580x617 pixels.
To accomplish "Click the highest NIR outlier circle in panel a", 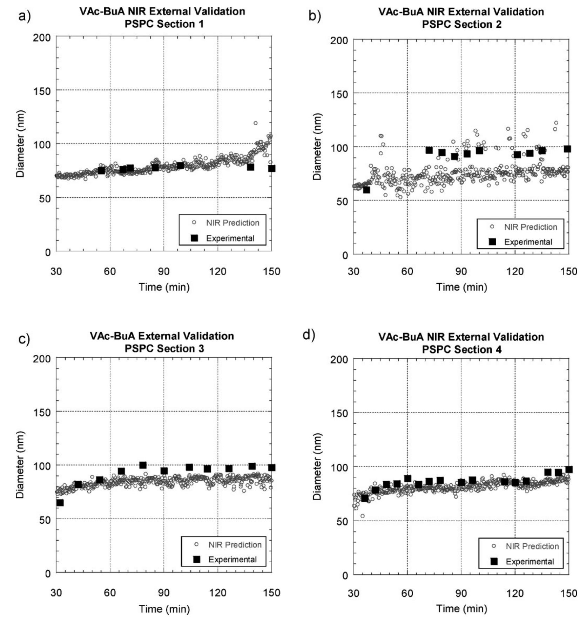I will [255, 123].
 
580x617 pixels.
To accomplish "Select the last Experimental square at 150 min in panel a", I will [271, 169].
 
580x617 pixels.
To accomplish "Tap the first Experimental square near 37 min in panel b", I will [366, 190].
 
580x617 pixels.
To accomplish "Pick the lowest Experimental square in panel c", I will [60, 502].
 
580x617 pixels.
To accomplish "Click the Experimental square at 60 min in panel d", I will [407, 478].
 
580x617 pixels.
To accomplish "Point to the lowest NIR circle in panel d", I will [362, 516].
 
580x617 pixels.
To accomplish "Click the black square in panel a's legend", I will [194, 238].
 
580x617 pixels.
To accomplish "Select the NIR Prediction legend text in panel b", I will [531, 227].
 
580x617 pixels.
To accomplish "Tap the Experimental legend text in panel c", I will [232, 560].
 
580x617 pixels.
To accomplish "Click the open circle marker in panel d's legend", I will [494, 546].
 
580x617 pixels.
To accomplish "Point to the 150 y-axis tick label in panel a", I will [42, 90].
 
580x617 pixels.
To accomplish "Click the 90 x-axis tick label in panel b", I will [461, 271].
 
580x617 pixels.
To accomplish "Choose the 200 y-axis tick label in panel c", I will [42, 358].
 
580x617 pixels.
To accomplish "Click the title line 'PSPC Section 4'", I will [461, 350].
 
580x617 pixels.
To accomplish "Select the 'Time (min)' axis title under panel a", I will [164, 287].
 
